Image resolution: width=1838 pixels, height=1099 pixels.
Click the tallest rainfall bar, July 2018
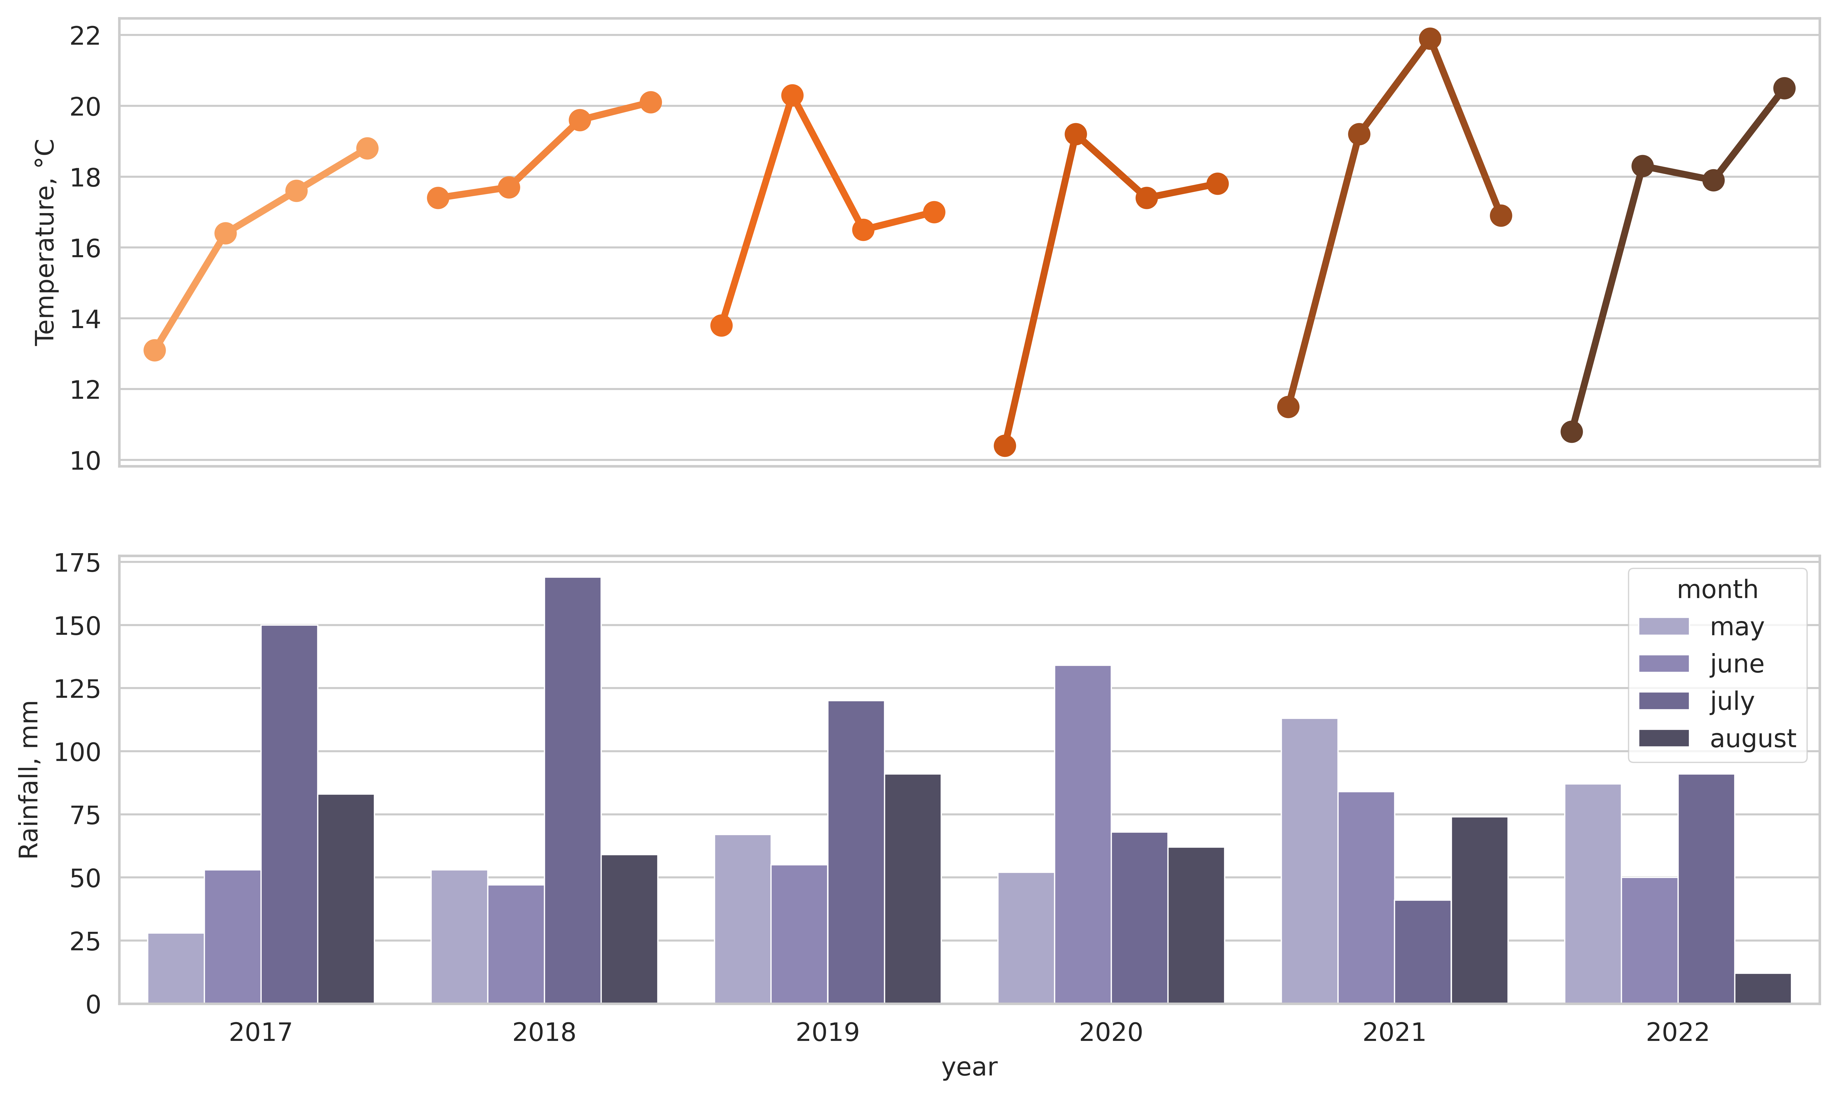(x=573, y=790)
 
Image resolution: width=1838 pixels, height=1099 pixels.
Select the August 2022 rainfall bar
(x=1762, y=989)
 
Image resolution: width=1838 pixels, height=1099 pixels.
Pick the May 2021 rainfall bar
(x=1309, y=861)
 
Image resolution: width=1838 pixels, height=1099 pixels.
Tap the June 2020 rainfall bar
(x=1083, y=835)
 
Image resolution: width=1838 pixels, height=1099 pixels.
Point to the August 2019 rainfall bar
(x=912, y=889)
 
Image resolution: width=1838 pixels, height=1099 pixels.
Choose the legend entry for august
(x=1717, y=738)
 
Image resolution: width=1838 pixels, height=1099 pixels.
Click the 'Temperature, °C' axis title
(x=45, y=242)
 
